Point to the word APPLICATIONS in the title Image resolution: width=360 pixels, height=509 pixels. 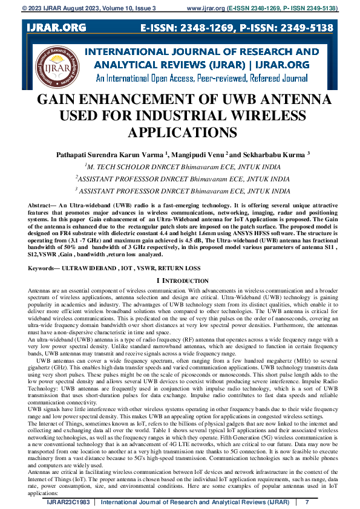180,132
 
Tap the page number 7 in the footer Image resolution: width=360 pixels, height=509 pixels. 307,503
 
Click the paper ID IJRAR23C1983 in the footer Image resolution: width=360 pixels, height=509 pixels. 68,503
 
